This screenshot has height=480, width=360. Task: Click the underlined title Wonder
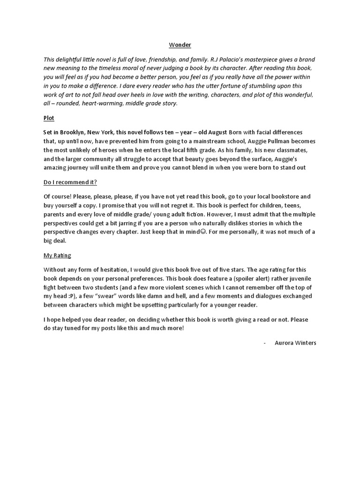(x=180, y=45)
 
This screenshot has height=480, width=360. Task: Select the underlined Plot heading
(x=49, y=119)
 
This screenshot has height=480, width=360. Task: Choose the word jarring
(x=139, y=223)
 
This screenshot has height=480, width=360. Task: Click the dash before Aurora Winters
(x=265, y=343)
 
